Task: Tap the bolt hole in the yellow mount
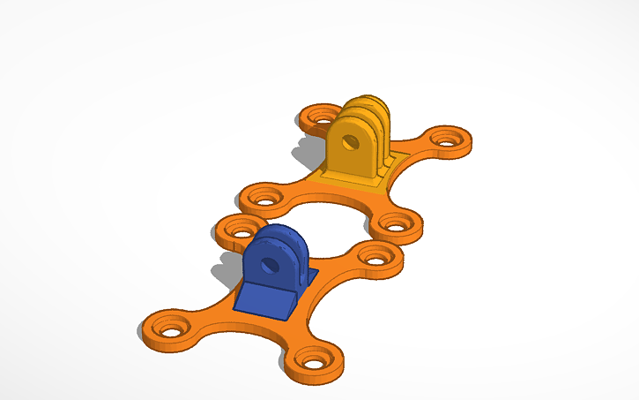[x=351, y=141]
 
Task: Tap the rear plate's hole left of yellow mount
[x=320, y=116]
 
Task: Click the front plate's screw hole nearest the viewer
[x=312, y=361]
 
